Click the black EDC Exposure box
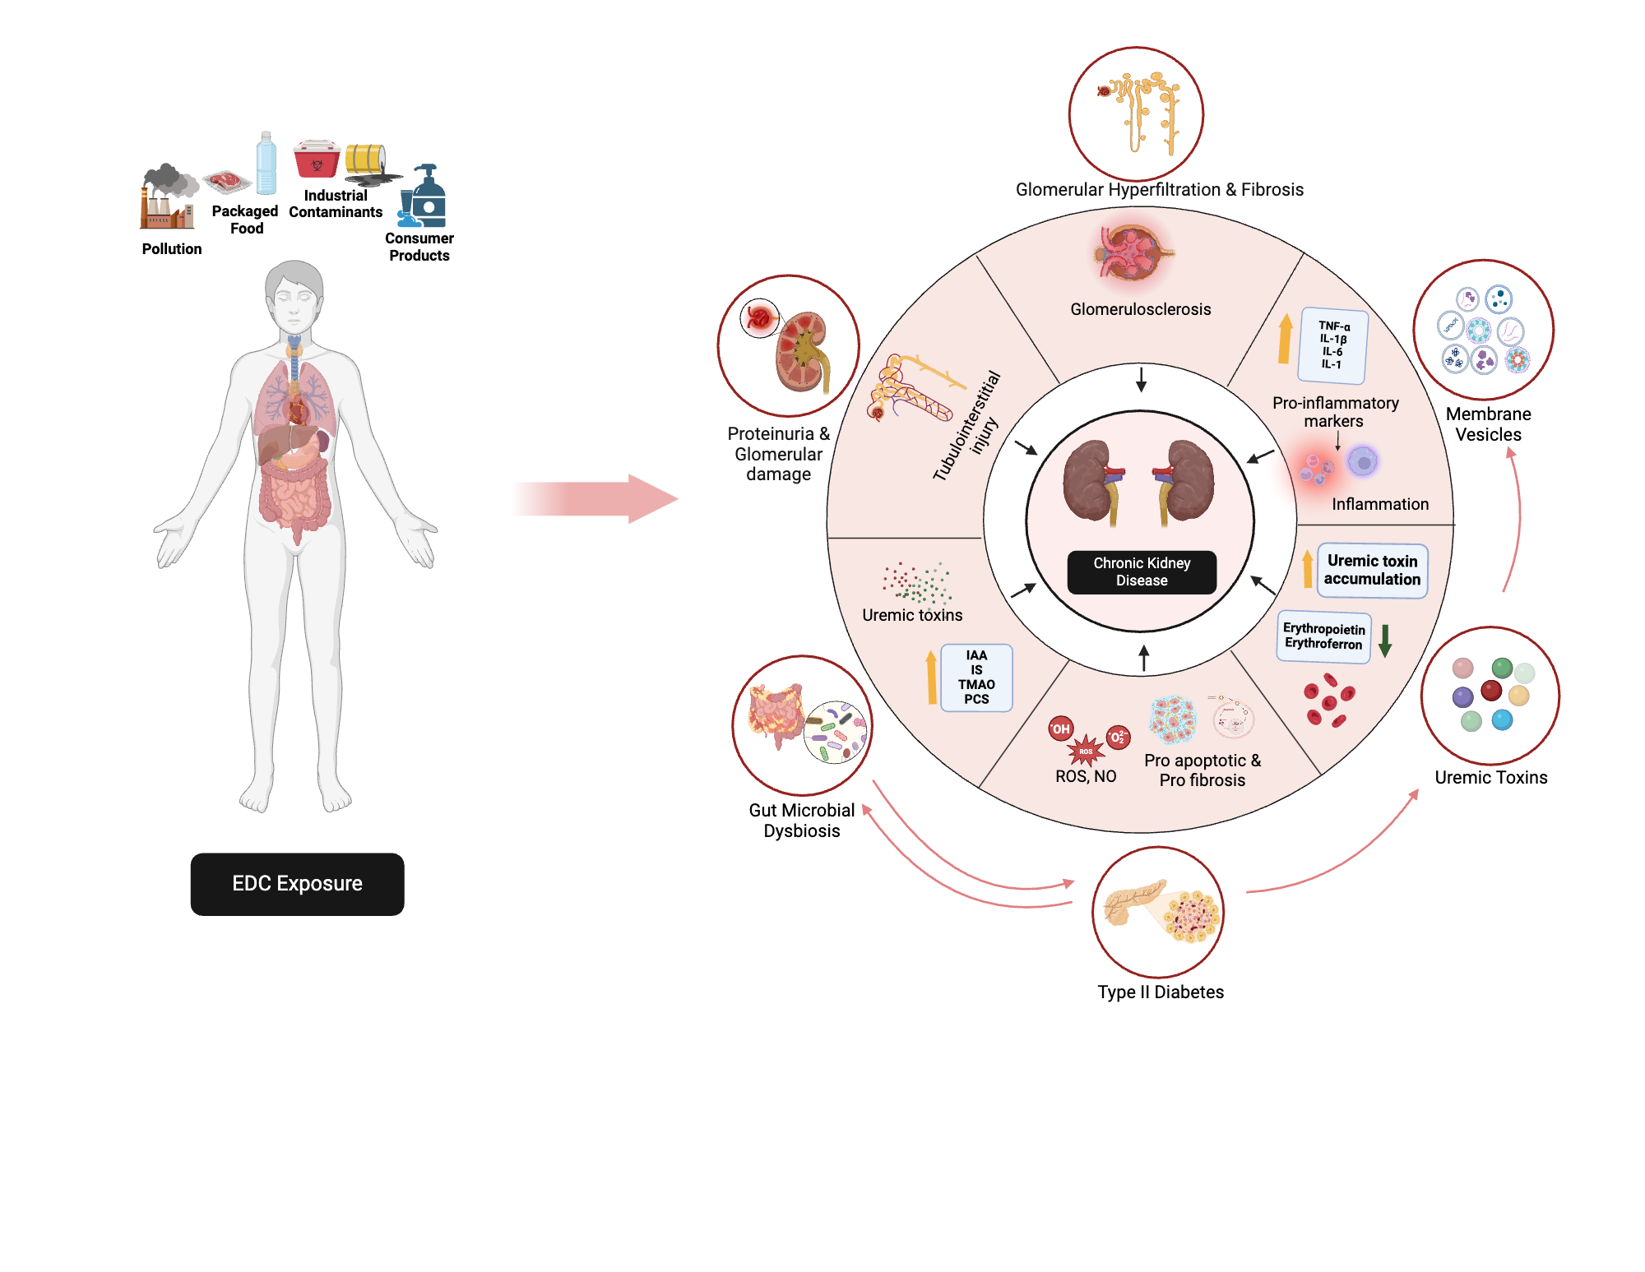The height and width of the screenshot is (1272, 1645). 297,884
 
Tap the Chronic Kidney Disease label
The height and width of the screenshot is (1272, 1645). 1142,571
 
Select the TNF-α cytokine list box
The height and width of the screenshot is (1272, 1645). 1333,345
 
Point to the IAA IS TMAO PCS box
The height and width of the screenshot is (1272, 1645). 976,678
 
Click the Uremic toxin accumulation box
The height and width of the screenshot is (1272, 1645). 1372,570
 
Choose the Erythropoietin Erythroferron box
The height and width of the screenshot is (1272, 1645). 1323,636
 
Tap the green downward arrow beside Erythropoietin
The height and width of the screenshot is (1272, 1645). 1385,640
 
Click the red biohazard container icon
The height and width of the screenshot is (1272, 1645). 317,159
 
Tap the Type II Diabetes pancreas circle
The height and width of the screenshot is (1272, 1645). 1158,912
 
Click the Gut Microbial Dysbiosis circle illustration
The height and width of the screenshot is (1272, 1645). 802,725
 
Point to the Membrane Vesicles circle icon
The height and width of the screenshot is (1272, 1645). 1483,330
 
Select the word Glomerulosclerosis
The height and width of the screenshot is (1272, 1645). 1140,309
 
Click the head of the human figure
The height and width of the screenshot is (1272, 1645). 294,297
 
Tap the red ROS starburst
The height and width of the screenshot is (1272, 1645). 1086,750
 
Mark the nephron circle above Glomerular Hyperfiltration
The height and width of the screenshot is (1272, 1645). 1136,113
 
